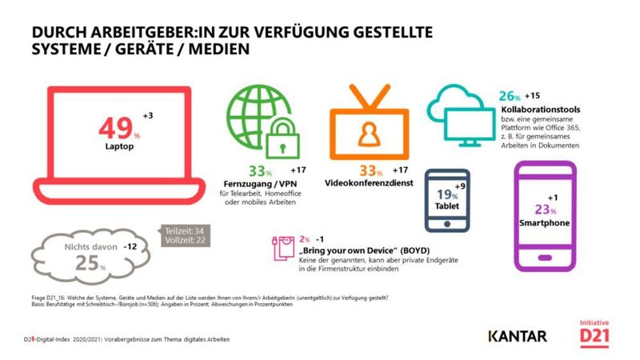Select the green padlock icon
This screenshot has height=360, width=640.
point(282,139)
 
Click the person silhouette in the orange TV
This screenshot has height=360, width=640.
point(368,137)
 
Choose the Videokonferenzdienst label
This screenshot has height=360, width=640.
point(368,183)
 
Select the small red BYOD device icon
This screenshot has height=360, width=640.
point(282,249)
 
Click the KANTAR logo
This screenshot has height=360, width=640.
point(517,336)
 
